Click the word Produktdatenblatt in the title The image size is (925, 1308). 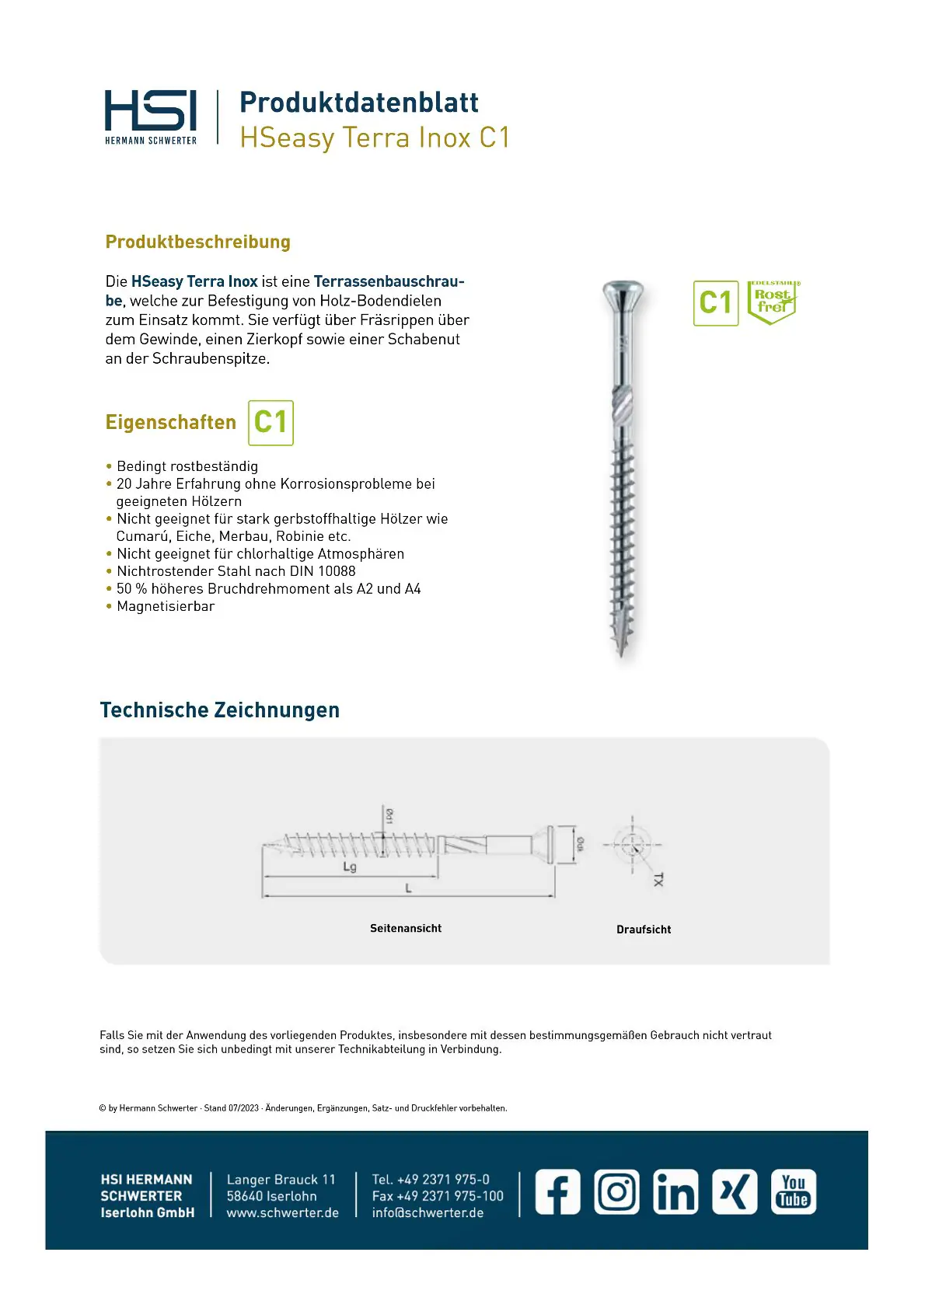click(358, 103)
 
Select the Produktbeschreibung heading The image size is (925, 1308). click(197, 242)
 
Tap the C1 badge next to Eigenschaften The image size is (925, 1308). click(271, 423)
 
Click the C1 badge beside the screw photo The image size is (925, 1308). click(715, 303)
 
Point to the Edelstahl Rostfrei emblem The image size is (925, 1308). click(773, 302)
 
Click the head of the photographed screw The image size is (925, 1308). click(623, 294)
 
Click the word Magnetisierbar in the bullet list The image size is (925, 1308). click(166, 606)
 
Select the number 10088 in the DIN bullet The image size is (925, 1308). click(337, 571)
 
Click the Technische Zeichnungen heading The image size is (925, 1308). click(220, 710)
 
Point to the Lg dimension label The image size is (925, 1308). click(350, 867)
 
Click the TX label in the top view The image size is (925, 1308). click(658, 879)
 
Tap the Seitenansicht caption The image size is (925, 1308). click(406, 929)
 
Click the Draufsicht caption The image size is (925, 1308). click(644, 930)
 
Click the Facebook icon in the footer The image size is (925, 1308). click(557, 1191)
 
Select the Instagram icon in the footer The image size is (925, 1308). click(617, 1191)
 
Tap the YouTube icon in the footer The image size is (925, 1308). click(794, 1191)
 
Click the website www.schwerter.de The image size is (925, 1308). click(283, 1213)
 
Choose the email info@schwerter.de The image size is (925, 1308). click(428, 1213)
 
